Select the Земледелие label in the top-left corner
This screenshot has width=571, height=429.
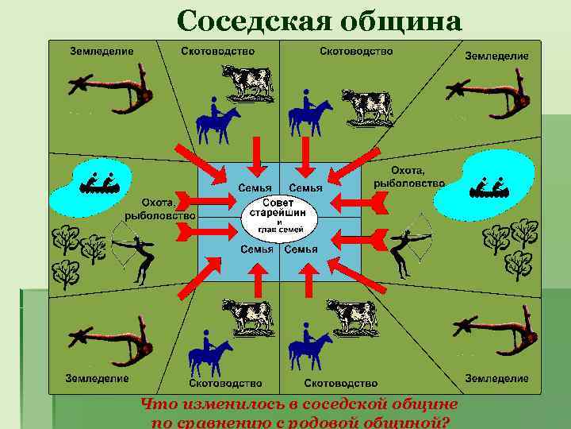click(102, 51)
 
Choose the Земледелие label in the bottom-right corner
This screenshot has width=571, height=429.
click(496, 378)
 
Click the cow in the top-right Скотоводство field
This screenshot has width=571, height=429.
click(362, 106)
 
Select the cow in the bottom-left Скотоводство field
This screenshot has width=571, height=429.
click(247, 315)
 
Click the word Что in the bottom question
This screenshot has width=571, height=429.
click(156, 405)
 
